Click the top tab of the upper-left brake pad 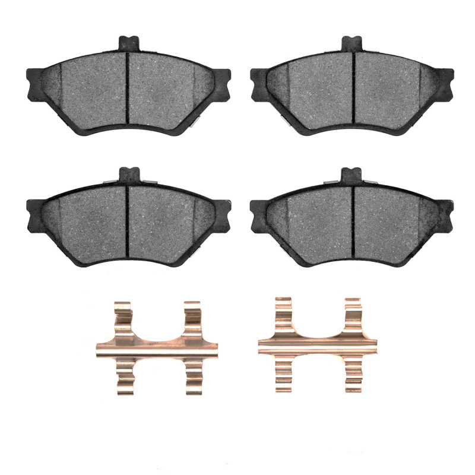128,43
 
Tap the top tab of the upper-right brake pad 352,43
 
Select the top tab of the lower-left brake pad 128,175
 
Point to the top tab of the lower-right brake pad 352,175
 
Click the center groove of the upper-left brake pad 128,89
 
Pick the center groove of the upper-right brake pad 353,89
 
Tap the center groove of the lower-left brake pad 128,220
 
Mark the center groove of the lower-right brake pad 353,220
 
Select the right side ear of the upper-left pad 223,83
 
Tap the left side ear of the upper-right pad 258,83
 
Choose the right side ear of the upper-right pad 446,83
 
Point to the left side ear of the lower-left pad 33,213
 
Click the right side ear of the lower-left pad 223,214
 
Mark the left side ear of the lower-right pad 258,214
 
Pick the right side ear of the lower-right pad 446,214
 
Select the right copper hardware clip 318,345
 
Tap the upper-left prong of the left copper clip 123,315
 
